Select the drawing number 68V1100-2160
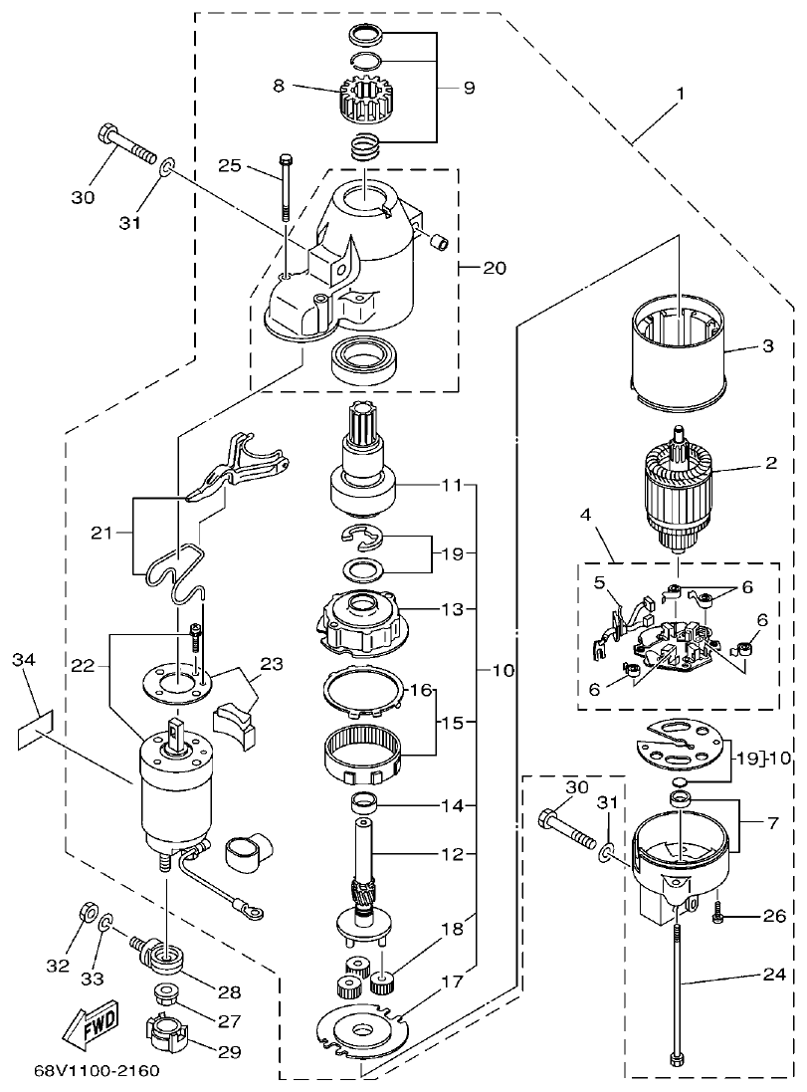tap(96, 1072)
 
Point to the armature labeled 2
tap(681, 495)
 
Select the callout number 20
tap(495, 269)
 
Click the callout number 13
tap(453, 608)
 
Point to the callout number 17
tap(453, 981)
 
